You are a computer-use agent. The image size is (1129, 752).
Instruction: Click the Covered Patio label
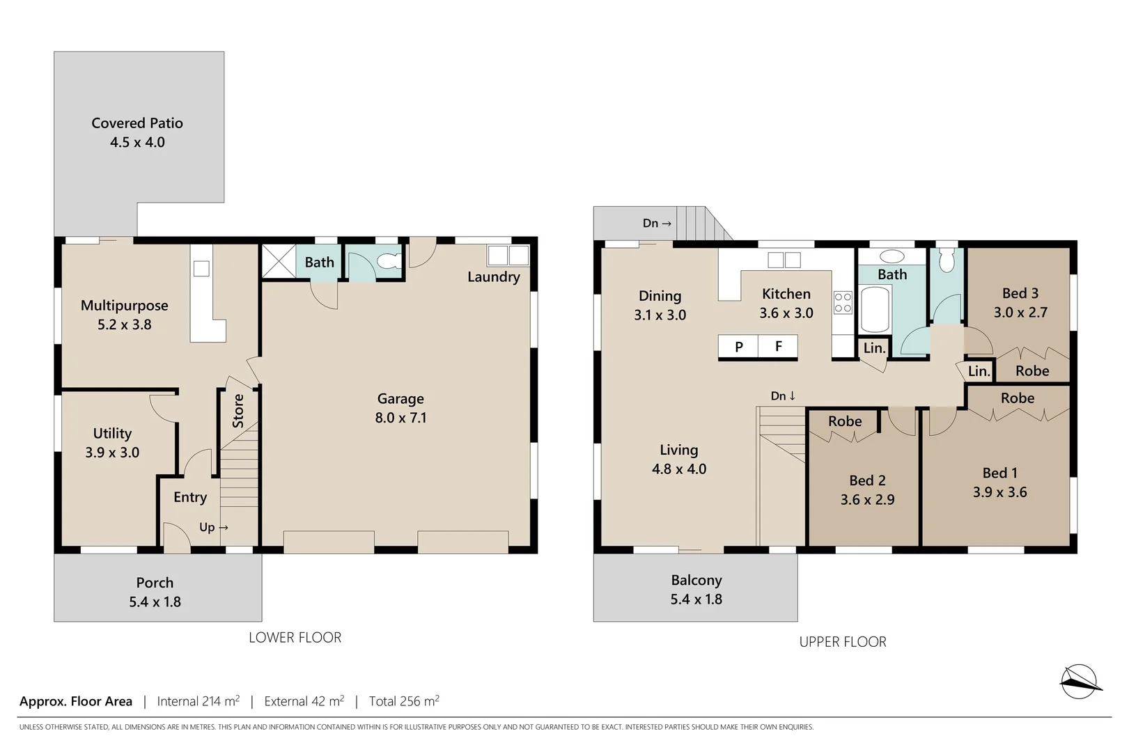point(137,123)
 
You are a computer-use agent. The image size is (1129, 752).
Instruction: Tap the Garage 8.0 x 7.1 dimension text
point(400,418)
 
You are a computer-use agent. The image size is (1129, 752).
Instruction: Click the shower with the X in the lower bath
point(278,261)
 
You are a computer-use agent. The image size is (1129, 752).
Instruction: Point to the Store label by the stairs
point(238,411)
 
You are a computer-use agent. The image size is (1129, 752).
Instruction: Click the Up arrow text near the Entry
point(213,528)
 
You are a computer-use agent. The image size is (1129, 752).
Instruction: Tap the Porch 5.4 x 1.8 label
point(155,593)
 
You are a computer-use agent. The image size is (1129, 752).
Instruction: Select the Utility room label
point(112,434)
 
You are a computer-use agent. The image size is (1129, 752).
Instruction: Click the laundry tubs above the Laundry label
point(508,256)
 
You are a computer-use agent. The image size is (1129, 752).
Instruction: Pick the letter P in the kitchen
point(738,347)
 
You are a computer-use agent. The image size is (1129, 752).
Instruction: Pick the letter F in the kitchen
point(778,346)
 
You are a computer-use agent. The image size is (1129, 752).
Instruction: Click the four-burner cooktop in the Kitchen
point(843,302)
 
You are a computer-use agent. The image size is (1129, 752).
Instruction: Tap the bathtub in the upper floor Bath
point(875,309)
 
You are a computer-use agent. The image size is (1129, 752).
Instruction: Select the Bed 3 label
point(1020,294)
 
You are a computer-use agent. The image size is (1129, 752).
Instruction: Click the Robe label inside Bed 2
point(844,421)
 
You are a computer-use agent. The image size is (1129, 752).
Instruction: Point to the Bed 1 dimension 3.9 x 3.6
point(999,492)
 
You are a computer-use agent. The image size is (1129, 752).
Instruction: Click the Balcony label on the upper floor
point(696,580)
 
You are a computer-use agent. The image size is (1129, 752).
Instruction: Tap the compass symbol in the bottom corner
point(1079,682)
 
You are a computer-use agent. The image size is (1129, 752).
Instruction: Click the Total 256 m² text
point(404,701)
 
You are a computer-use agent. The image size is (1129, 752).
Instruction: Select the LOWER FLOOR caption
point(295,638)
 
